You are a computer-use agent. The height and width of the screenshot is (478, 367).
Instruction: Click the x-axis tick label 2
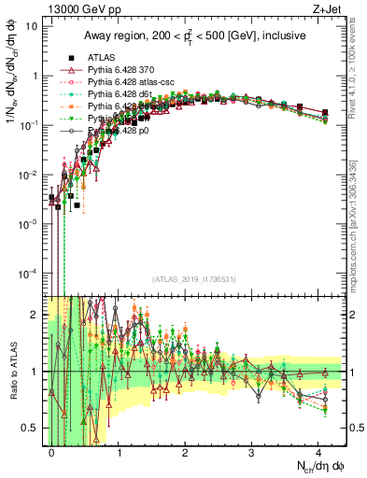pyautogui.click(x=185, y=452)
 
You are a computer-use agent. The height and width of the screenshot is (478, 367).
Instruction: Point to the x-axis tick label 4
pyautogui.click(x=318, y=452)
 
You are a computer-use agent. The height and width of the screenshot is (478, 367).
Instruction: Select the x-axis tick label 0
pyautogui.click(x=52, y=452)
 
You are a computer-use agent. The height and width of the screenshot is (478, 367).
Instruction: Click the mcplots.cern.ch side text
pyautogui.click(x=354, y=238)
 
